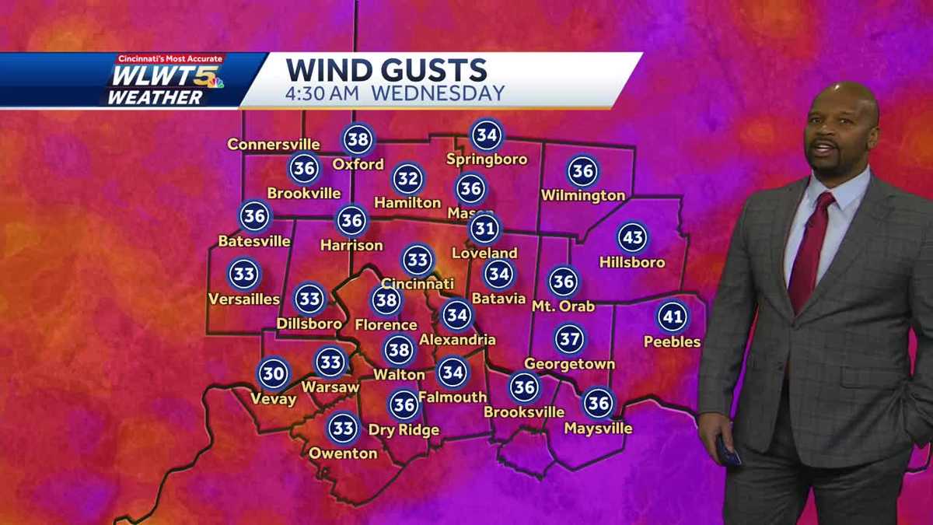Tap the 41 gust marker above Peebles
click(673, 317)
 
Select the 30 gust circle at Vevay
click(273, 373)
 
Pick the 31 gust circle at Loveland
click(485, 229)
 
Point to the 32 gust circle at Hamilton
click(407, 179)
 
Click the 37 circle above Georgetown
click(569, 338)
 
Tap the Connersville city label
click(274, 144)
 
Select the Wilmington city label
click(583, 195)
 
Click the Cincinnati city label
click(418, 284)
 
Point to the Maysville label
click(598, 428)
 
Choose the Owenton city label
click(343, 453)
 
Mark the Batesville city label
click(254, 241)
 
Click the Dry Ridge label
click(404, 429)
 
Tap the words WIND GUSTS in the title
click(386, 70)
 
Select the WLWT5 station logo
click(163, 81)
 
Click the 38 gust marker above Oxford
click(358, 139)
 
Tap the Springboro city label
click(487, 159)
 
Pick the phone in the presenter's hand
click(728, 450)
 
